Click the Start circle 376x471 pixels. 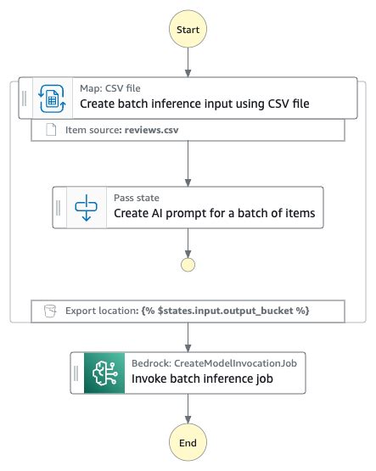(188, 29)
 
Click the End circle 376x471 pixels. (188, 442)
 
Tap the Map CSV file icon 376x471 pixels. (52, 98)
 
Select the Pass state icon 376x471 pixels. (87, 208)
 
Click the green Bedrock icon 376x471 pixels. (104, 373)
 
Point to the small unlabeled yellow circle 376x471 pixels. (188, 265)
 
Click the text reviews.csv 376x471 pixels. (151, 130)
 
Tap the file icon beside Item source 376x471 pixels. (51, 130)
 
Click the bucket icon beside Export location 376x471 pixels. (50, 311)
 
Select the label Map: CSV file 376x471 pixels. (110, 88)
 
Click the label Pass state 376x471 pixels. (137, 198)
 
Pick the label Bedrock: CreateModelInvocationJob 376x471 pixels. (214, 363)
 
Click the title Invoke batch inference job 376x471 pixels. (202, 378)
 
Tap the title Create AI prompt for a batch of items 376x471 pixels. (215, 213)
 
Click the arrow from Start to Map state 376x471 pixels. (188, 63)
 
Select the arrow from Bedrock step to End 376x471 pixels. (188, 408)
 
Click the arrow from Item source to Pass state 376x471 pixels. (188, 164)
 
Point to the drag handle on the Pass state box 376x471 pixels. (59, 208)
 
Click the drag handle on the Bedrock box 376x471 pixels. (76, 373)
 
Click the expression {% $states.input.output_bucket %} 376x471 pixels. (225, 311)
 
